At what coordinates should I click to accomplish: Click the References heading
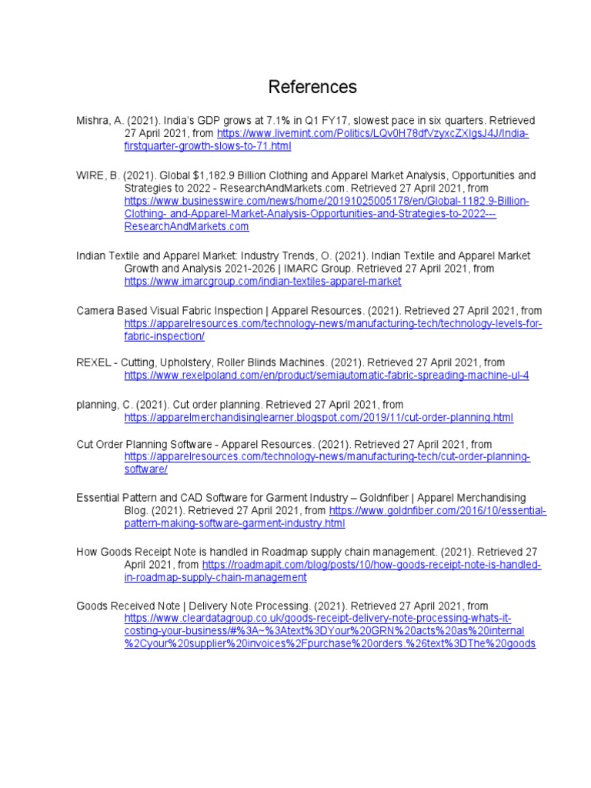tap(312, 87)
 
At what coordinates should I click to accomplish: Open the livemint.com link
tap(373, 134)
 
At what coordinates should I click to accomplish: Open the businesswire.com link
tap(327, 202)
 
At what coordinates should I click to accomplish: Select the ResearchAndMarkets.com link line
tap(187, 226)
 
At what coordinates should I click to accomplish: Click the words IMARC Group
tap(319, 269)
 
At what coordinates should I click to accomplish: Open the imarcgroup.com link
tap(263, 282)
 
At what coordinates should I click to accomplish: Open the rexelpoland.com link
tap(327, 376)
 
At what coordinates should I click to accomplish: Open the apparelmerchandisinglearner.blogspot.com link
tap(319, 417)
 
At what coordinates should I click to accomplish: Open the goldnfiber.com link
tap(437, 511)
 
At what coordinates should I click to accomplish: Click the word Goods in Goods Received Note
tap(92, 606)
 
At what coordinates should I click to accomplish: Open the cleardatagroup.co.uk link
tap(318, 619)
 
